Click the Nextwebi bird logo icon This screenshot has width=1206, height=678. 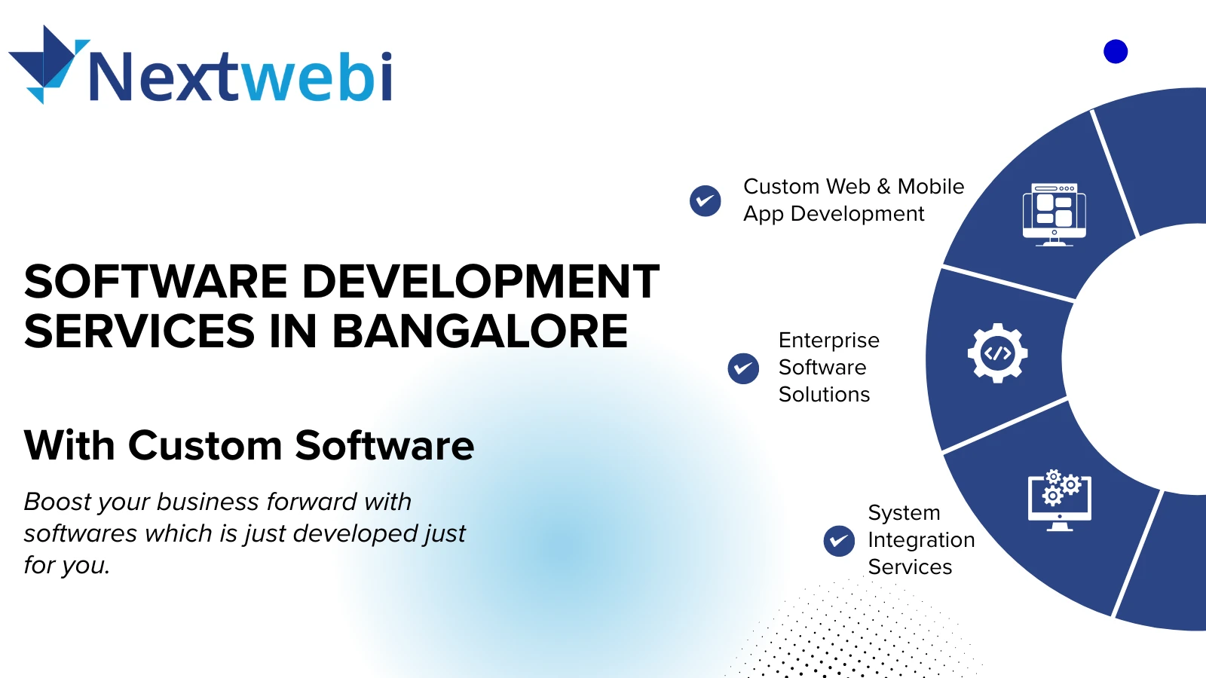[47, 63]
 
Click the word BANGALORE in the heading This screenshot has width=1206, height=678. [480, 331]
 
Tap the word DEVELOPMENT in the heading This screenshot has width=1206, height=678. [481, 281]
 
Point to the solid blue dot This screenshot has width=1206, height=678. [1116, 52]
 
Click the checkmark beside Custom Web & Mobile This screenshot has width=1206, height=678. [706, 200]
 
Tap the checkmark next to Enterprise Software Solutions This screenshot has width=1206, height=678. [743, 368]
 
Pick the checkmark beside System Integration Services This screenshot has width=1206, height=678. [839, 541]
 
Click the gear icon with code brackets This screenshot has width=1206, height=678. [998, 353]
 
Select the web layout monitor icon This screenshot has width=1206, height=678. [1054, 214]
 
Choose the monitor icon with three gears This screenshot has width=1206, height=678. [1060, 500]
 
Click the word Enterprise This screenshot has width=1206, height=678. [829, 341]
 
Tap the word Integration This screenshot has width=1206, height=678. [921, 540]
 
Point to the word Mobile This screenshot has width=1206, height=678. [931, 186]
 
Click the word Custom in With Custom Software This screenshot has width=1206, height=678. [205, 445]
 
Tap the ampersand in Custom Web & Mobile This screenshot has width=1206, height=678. [883, 187]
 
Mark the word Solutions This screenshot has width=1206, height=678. [825, 395]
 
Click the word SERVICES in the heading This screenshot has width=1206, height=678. [139, 331]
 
